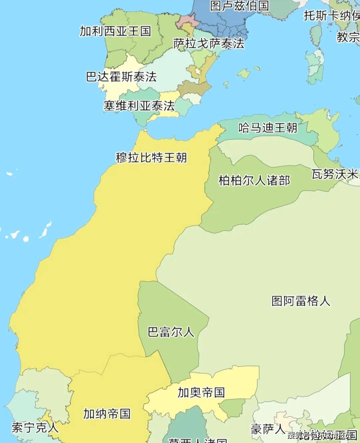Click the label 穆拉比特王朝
click(x=151, y=157)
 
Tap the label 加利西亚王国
click(x=115, y=31)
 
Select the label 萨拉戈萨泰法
click(x=209, y=44)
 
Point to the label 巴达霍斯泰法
click(x=121, y=77)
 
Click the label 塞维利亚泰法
click(x=139, y=106)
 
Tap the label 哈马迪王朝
click(x=268, y=128)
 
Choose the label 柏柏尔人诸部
click(x=254, y=181)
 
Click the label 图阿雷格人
click(x=301, y=301)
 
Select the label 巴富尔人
click(x=171, y=332)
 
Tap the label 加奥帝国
click(x=201, y=392)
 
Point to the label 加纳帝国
click(x=107, y=414)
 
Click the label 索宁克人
click(x=35, y=428)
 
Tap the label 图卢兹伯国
click(x=239, y=6)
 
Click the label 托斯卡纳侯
click(x=331, y=15)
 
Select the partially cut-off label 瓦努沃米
click(x=335, y=174)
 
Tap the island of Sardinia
click(x=315, y=67)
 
